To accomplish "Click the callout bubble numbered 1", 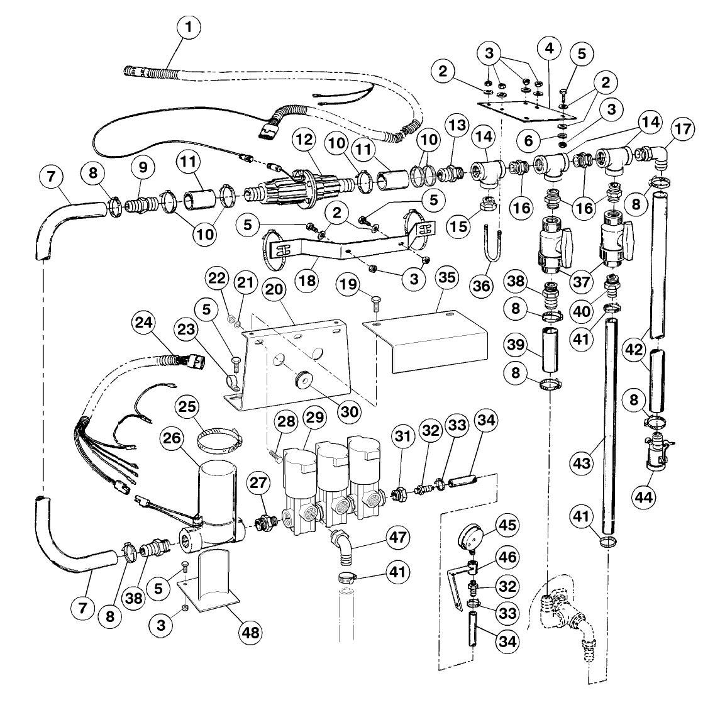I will [189, 28].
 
